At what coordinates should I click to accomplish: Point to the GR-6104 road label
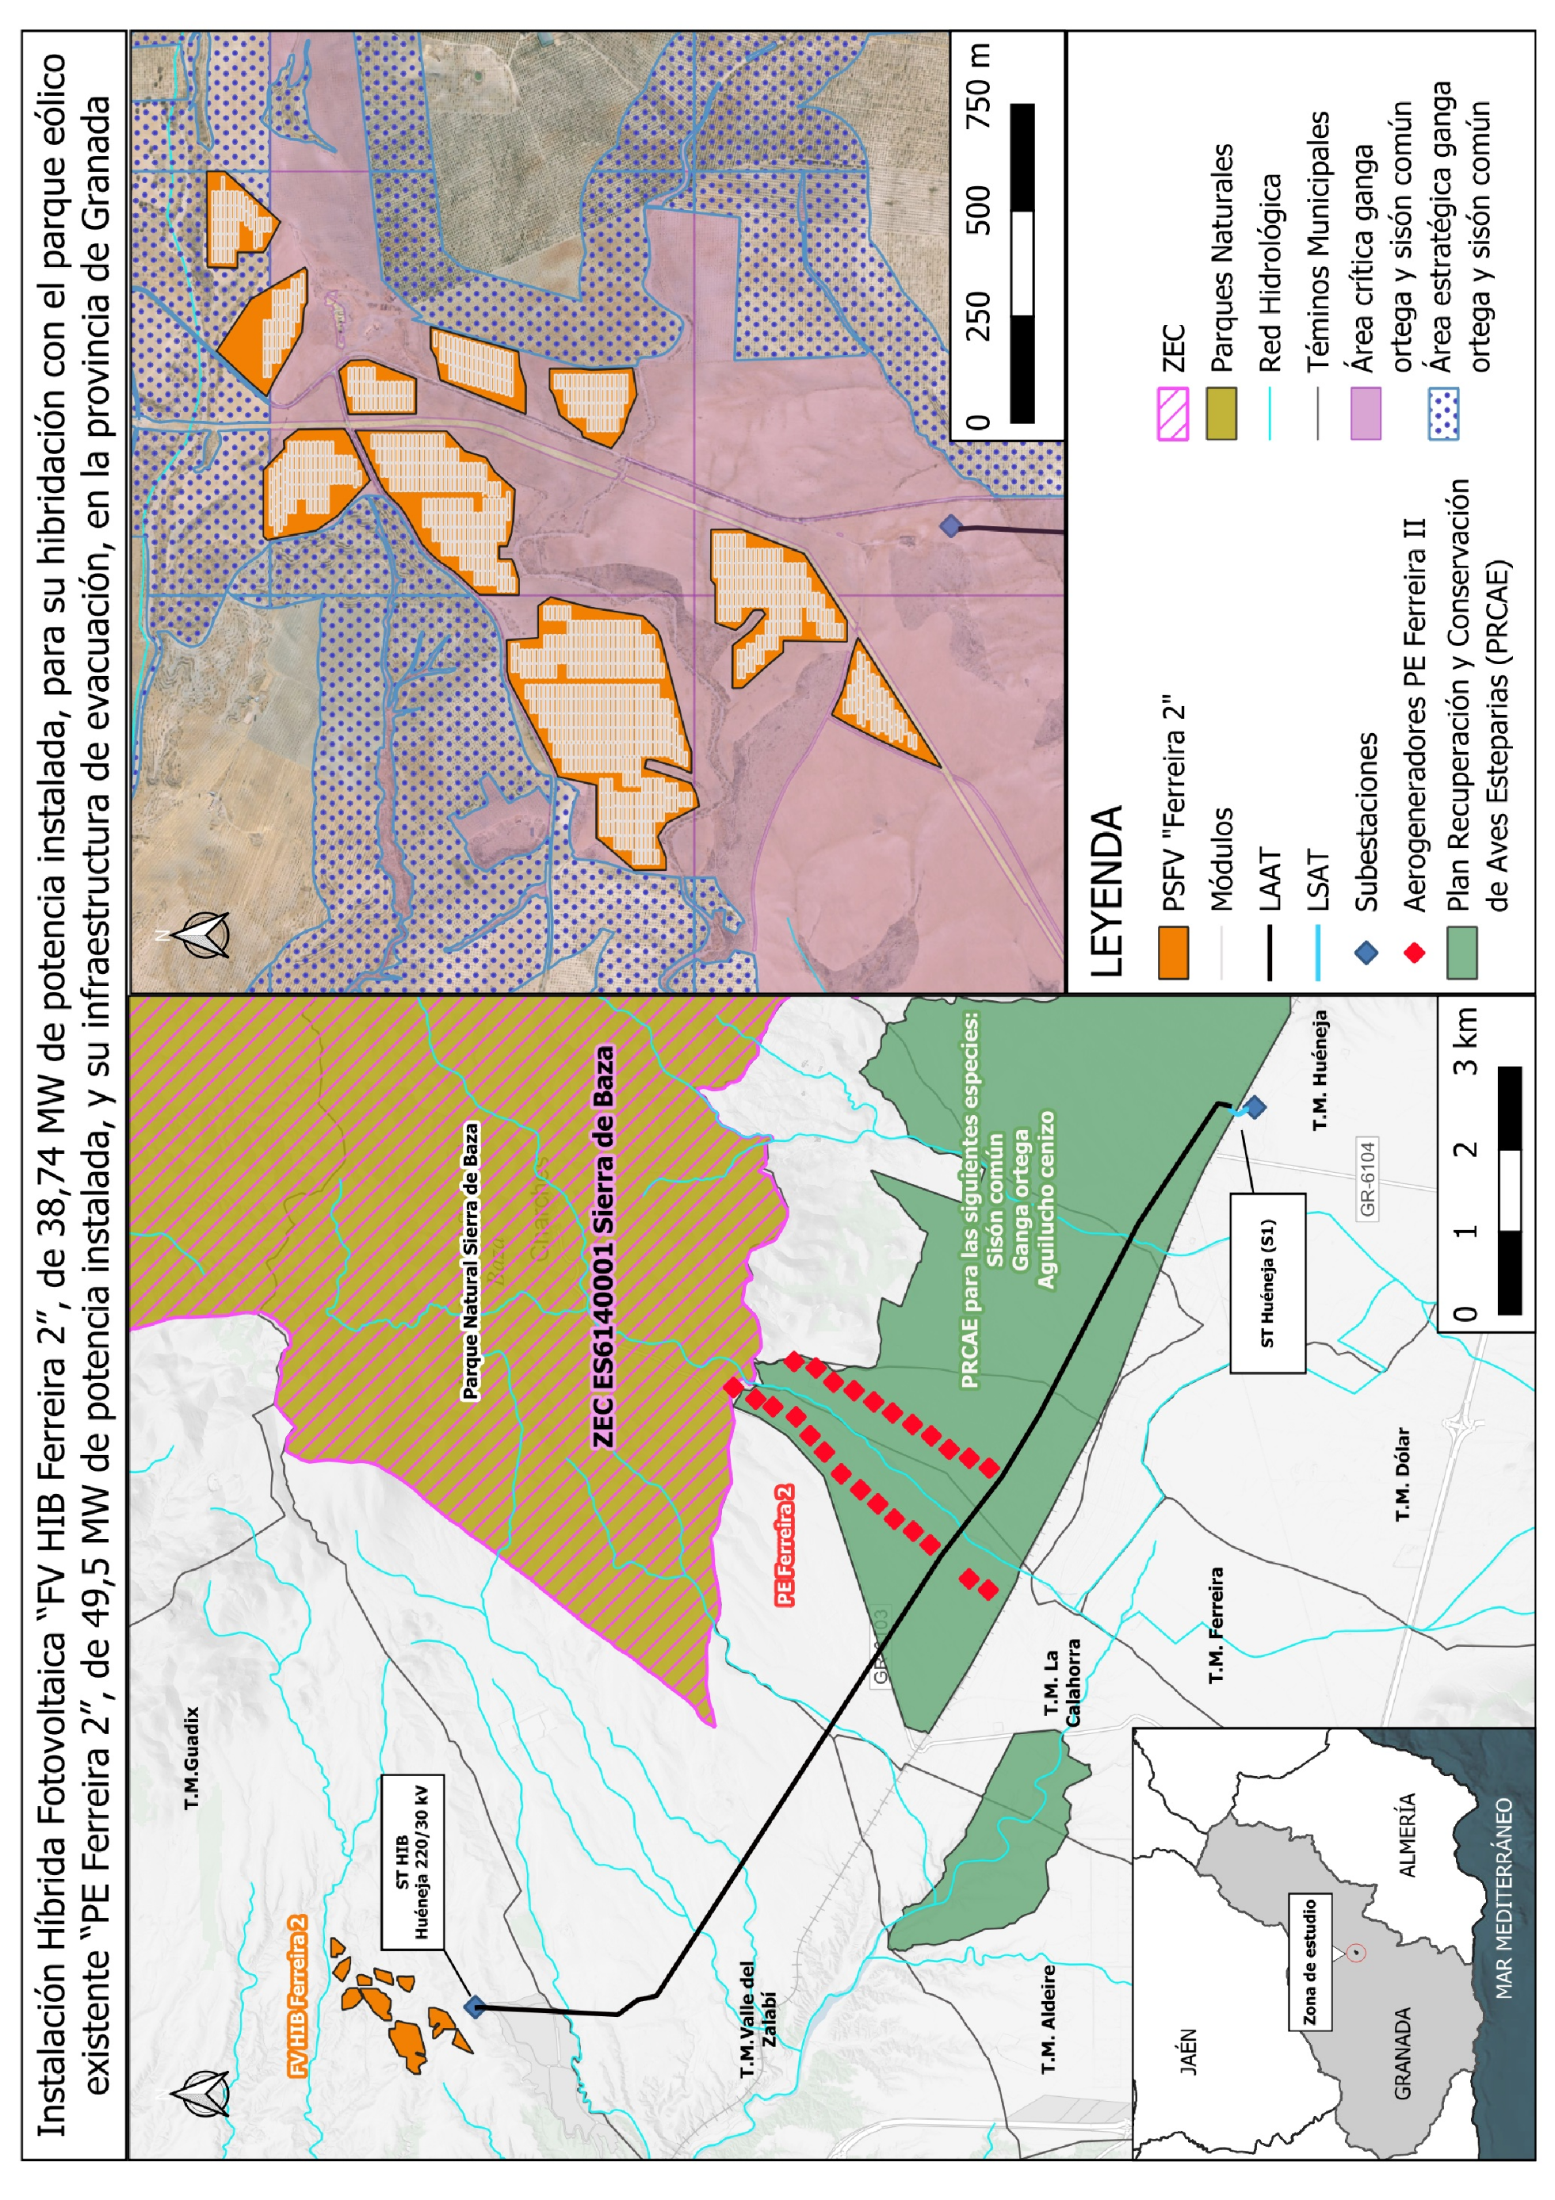click(x=1367, y=1178)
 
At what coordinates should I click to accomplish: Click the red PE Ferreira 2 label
click(x=785, y=1545)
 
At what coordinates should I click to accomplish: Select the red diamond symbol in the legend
click(x=1414, y=952)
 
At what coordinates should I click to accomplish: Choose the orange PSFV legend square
click(x=1173, y=953)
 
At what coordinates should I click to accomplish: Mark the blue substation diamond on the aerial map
click(x=949, y=525)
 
